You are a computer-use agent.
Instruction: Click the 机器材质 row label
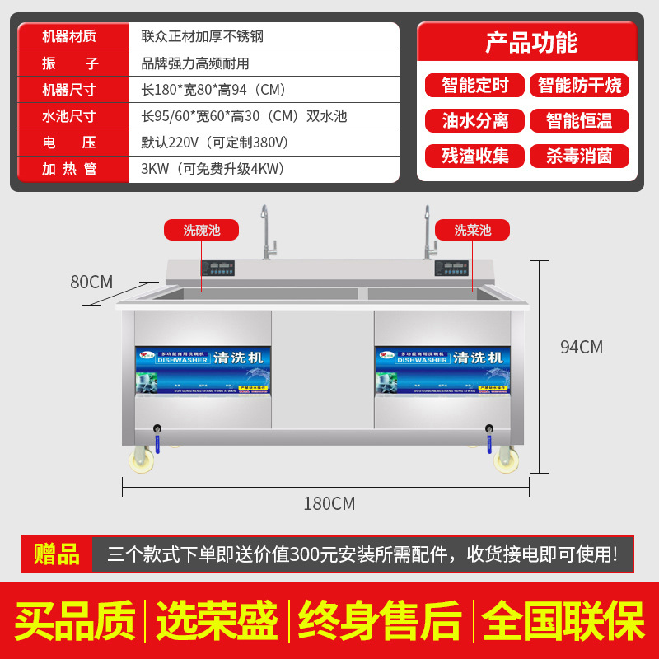point(69,36)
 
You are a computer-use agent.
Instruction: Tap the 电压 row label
point(69,143)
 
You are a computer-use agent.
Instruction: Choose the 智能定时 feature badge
point(475,85)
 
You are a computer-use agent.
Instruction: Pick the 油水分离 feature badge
point(475,120)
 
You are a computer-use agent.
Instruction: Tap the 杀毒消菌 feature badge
point(579,156)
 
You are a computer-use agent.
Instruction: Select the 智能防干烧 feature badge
point(579,85)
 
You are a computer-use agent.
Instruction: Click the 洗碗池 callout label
point(202,230)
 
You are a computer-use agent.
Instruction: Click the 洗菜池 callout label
point(473,230)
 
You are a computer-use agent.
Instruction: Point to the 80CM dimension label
point(91,282)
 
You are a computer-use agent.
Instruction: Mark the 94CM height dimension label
point(582,347)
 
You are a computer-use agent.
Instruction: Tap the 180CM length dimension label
point(329,503)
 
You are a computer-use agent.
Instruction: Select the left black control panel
point(217,268)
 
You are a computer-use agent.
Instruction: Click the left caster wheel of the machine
point(142,460)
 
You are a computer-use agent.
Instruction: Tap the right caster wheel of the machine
point(503,460)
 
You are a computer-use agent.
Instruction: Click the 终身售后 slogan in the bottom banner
point(380,621)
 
